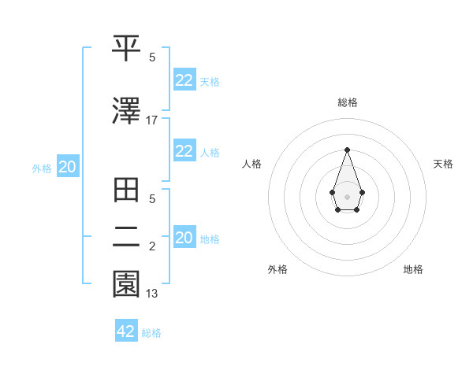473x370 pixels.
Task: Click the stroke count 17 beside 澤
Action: coord(152,120)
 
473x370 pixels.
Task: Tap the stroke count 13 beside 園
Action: coord(152,294)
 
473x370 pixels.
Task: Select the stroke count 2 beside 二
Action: coord(152,247)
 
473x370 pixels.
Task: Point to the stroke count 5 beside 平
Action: coord(152,57)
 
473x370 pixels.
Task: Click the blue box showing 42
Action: coord(126,331)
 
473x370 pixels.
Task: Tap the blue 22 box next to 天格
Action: coord(184,80)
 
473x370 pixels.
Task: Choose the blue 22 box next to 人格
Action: coord(184,151)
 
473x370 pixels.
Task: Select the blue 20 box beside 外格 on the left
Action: coord(68,167)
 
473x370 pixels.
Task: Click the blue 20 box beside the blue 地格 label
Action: coord(184,238)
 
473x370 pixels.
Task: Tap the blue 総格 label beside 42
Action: coord(151,333)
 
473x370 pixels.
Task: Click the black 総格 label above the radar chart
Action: coord(347,102)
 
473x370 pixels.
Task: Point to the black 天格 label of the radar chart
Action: coord(443,164)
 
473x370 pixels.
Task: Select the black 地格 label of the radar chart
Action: coord(413,269)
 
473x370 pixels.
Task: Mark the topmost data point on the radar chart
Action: coord(347,149)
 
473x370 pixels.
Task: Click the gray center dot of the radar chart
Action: coord(347,195)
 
